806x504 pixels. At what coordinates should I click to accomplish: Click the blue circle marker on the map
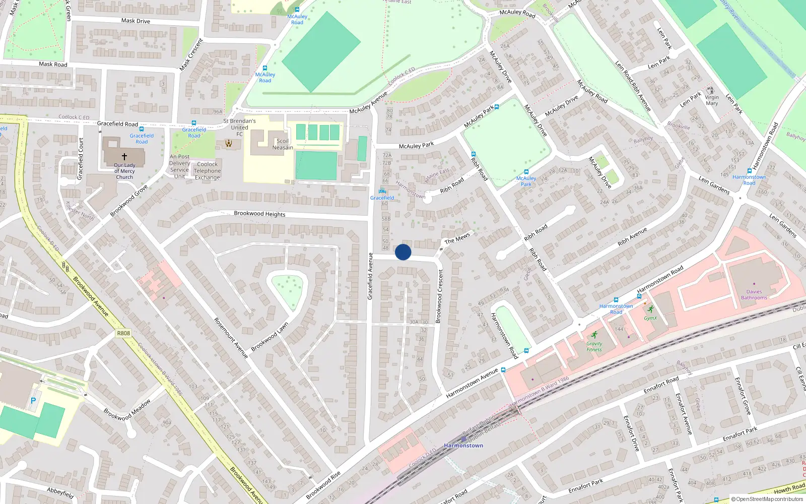click(403, 252)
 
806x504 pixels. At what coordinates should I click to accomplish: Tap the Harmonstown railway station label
click(463, 446)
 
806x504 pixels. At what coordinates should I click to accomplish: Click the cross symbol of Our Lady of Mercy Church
click(124, 157)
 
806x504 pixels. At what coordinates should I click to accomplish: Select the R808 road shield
click(123, 333)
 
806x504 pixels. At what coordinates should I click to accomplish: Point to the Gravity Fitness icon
click(594, 335)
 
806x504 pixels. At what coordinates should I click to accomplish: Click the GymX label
click(650, 318)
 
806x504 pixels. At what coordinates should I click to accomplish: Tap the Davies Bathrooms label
click(754, 295)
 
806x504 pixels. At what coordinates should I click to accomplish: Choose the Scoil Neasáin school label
click(283, 144)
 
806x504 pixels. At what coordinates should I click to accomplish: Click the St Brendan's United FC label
click(240, 128)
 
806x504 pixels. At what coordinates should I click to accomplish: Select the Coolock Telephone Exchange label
click(208, 171)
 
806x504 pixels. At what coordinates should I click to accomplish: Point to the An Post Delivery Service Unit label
click(179, 166)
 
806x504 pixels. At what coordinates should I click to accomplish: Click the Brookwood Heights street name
click(259, 214)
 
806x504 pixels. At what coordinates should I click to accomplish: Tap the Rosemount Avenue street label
click(231, 338)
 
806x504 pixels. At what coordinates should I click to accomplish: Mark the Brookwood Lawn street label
click(270, 337)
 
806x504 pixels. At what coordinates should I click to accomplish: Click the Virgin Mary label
click(712, 100)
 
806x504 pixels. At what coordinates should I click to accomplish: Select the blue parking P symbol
click(33, 401)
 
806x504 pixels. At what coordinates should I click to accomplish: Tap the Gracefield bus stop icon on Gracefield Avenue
click(382, 191)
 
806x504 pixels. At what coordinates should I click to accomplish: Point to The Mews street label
click(457, 238)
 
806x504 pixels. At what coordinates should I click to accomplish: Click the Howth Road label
click(789, 488)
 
